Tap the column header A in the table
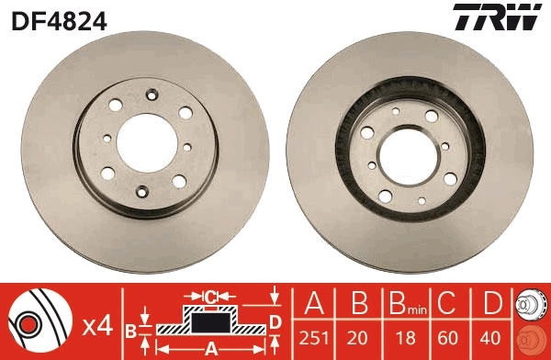pyautogui.click(x=314, y=304)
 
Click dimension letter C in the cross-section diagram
pyautogui.click(x=210, y=296)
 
